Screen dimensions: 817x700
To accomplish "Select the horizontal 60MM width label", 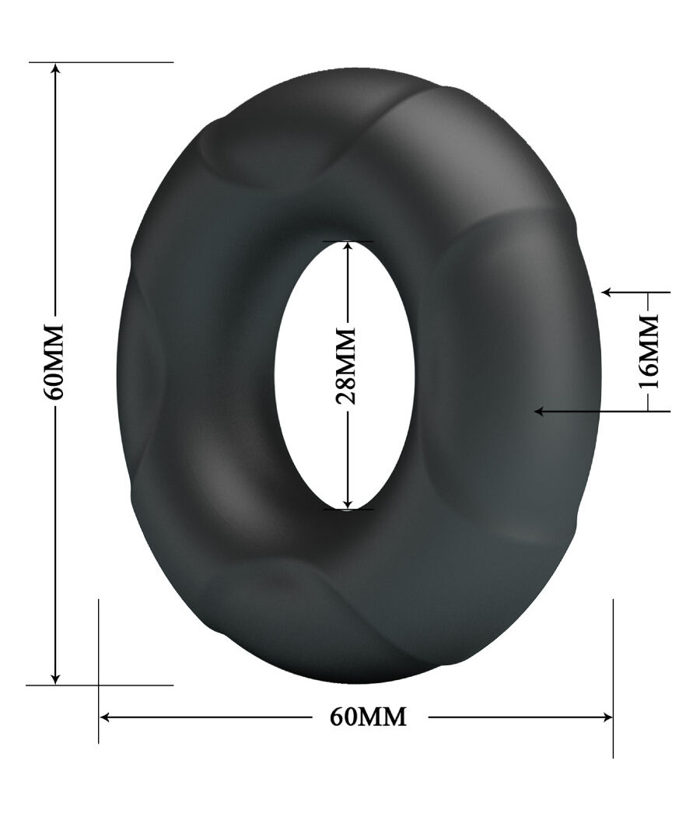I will (368, 717).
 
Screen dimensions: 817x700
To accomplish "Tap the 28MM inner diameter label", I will (346, 365).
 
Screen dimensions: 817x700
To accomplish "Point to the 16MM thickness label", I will (647, 351).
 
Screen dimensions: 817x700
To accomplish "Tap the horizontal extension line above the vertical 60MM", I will (117, 61).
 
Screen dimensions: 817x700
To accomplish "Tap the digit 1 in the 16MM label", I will (648, 380).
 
